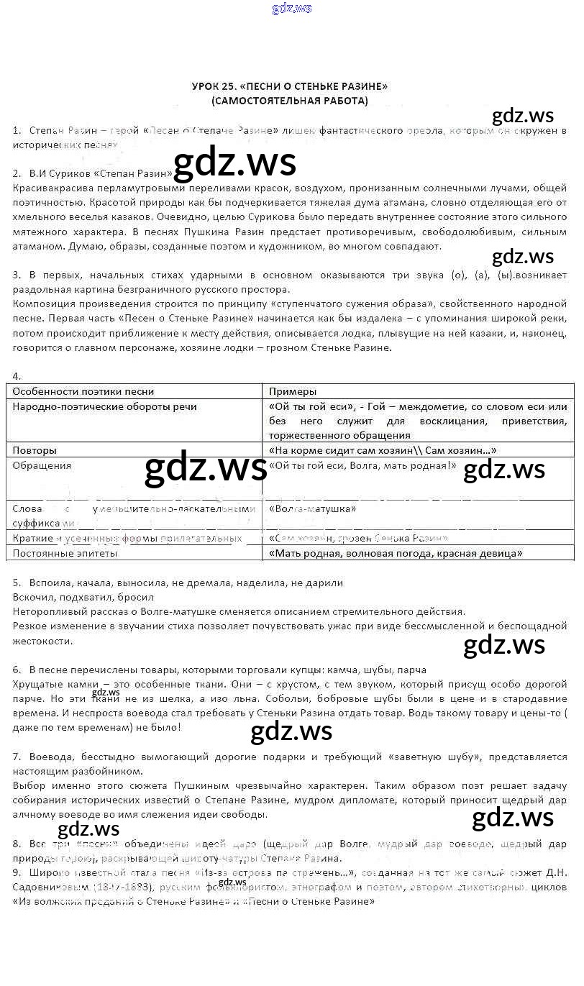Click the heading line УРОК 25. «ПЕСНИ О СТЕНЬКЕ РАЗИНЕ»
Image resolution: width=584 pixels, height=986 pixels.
click(x=289, y=86)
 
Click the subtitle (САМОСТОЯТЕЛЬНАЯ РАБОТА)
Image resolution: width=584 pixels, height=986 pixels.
click(x=289, y=101)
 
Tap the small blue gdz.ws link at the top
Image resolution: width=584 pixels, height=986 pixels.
click(x=292, y=9)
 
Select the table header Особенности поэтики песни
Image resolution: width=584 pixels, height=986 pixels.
click(x=83, y=392)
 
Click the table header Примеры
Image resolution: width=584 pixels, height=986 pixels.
click(x=293, y=392)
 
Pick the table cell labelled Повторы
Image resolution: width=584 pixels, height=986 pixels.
click(x=35, y=451)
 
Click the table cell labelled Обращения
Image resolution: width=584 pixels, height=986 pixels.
click(x=42, y=466)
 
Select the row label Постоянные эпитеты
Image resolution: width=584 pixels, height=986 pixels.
click(x=65, y=554)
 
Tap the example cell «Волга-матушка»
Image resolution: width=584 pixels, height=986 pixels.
click(x=313, y=509)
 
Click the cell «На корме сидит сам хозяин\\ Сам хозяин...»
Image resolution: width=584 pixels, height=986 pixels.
click(x=382, y=451)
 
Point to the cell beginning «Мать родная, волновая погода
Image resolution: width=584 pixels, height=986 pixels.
click(x=395, y=554)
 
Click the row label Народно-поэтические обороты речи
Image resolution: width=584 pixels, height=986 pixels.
click(x=104, y=407)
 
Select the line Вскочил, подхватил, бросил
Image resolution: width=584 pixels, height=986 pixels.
click(x=83, y=598)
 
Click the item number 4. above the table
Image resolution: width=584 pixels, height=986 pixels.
click(x=17, y=376)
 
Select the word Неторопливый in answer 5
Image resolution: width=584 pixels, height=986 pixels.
click(x=46, y=612)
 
